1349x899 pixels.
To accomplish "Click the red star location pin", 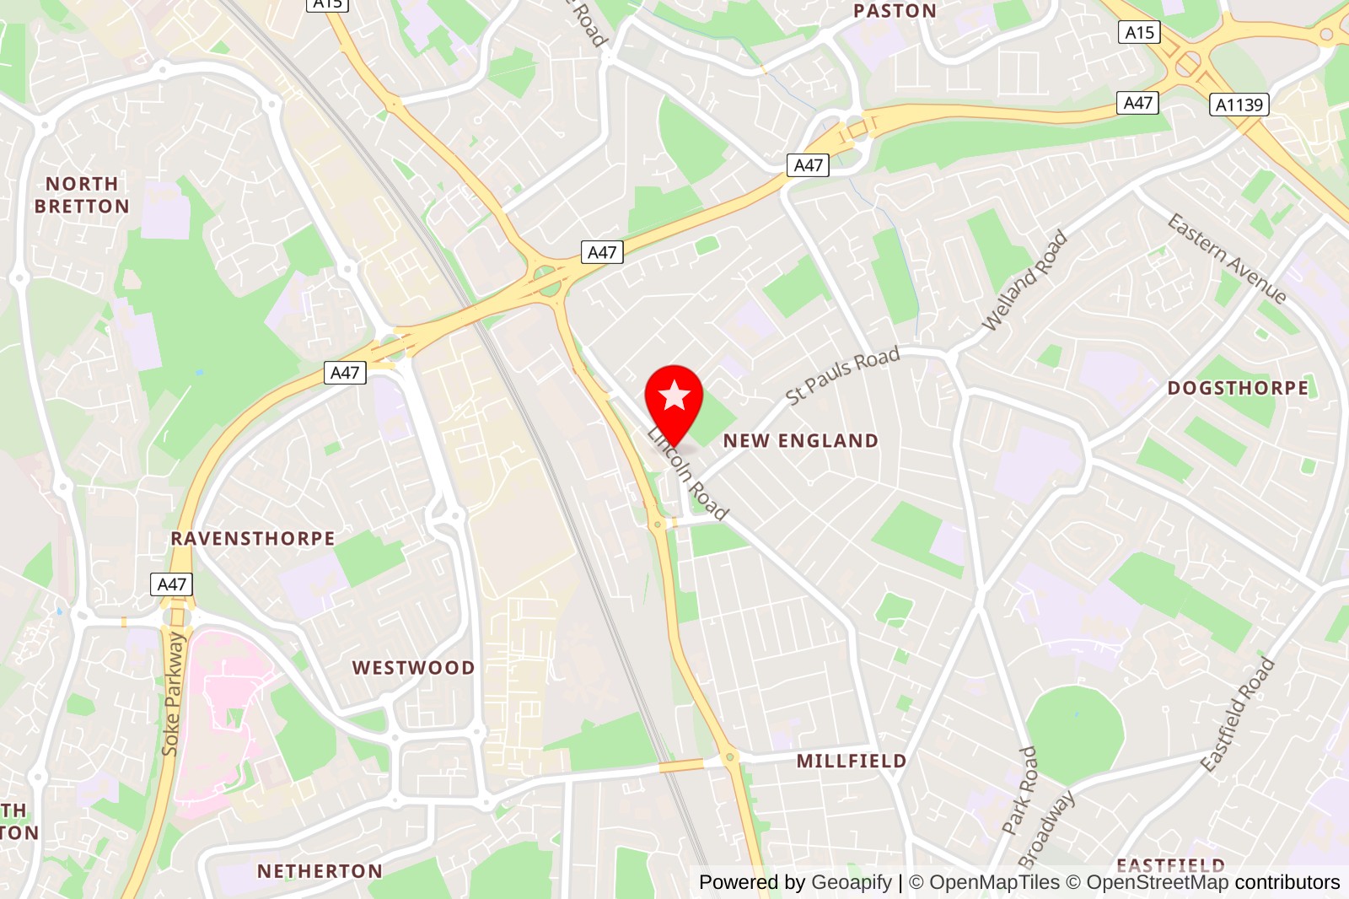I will (674, 398).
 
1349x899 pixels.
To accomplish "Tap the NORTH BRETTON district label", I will (82, 195).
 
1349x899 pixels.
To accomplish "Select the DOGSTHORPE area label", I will (1238, 388).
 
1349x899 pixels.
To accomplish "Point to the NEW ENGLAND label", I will (801, 440).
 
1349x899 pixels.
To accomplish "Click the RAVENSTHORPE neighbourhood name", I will (253, 538).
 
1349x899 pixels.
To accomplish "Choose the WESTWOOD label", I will (413, 668).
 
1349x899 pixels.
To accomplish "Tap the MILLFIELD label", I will (852, 761).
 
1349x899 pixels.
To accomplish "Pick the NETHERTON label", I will (320, 871).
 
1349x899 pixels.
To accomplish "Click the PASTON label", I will (895, 11).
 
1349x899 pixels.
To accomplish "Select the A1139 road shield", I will (1239, 105).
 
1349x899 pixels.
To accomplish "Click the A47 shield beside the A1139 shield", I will (1138, 103).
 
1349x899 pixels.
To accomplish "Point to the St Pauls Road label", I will (842, 375).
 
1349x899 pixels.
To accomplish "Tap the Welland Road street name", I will (1024, 281).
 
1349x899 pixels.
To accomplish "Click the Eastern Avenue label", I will (1227, 258).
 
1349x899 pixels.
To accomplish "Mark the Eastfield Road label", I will (1237, 714).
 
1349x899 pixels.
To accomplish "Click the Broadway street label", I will (1046, 828).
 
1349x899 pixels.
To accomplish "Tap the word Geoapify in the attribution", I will (851, 882).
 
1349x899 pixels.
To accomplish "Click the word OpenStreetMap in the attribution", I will (1157, 882).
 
